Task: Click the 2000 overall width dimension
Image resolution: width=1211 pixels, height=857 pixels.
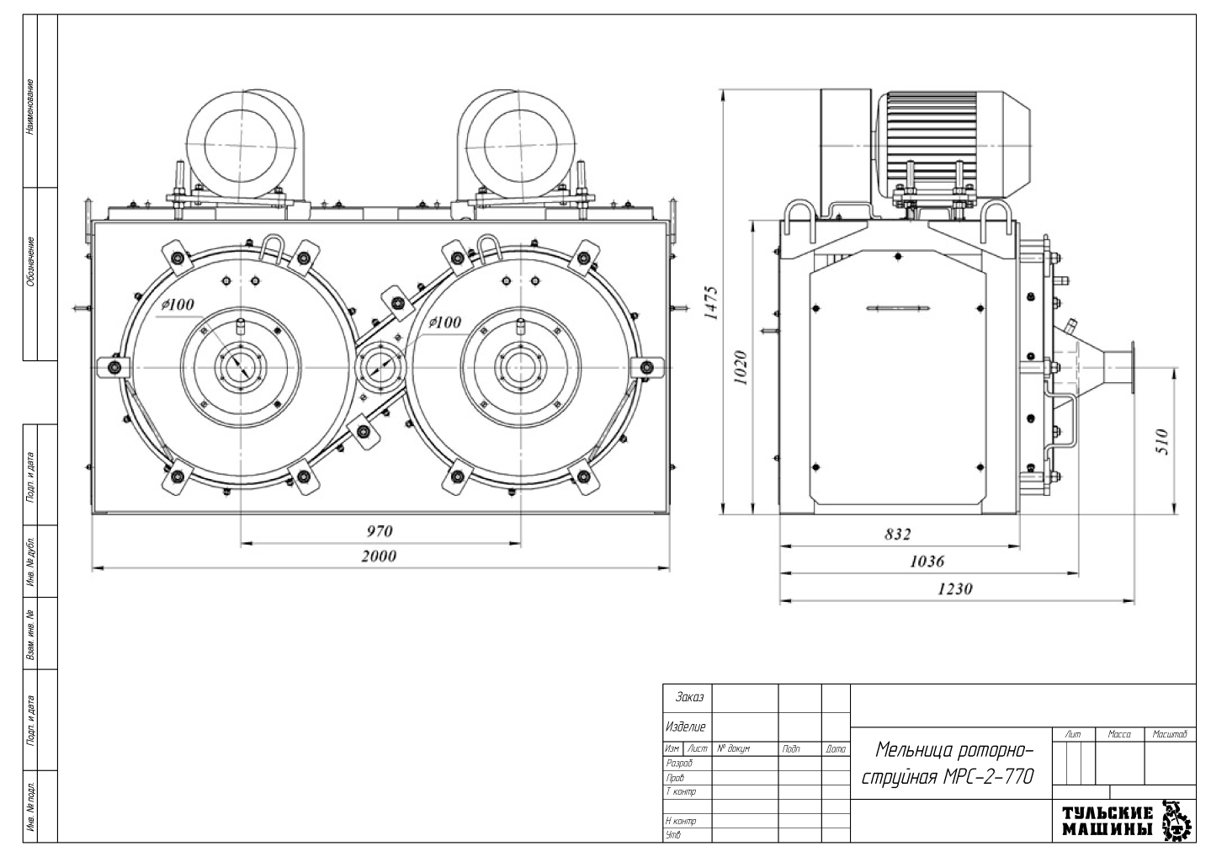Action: [x=380, y=556]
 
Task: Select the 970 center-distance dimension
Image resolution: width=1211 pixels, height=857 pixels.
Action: [x=380, y=531]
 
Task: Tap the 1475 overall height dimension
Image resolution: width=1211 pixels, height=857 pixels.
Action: [x=712, y=303]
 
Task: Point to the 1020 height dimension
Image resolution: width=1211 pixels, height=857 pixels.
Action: [x=741, y=367]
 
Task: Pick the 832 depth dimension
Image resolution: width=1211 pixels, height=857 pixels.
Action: [x=897, y=534]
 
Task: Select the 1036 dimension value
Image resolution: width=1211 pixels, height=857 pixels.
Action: [x=927, y=561]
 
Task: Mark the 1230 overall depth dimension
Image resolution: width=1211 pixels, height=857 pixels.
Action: [x=954, y=588]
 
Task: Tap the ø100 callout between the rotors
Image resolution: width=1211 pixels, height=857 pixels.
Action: [x=444, y=322]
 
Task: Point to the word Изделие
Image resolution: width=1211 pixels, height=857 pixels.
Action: [x=686, y=727]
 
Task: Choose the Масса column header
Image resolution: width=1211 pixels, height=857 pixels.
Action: [x=1119, y=735]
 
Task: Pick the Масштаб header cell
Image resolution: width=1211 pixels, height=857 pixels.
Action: [x=1170, y=735]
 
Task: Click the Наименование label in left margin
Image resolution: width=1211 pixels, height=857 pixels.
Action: [x=31, y=107]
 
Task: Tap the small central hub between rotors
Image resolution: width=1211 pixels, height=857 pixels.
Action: [x=382, y=365]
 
